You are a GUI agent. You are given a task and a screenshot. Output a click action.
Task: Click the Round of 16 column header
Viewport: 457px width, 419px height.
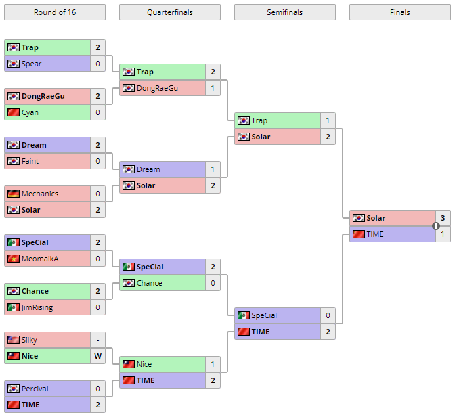(54, 12)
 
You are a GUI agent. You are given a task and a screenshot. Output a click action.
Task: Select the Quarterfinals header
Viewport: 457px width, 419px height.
(169, 12)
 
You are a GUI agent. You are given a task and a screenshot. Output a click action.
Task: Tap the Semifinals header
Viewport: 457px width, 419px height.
(284, 12)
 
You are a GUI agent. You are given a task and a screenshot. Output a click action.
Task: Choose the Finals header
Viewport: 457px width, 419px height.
(399, 12)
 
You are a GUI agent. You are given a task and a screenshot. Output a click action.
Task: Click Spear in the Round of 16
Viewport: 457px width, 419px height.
(31, 64)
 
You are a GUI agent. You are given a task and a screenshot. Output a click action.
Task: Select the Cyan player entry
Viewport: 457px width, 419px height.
(30, 112)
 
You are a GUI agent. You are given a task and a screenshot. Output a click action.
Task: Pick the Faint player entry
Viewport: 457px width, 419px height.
(30, 161)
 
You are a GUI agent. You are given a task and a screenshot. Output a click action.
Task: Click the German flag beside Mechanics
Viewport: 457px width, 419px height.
(13, 194)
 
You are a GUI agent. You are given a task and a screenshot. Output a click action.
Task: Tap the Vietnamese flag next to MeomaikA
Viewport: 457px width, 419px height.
(13, 259)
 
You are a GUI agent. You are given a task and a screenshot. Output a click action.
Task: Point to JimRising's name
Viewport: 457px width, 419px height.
(37, 307)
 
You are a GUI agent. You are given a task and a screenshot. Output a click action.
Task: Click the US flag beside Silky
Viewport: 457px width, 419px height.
(13, 340)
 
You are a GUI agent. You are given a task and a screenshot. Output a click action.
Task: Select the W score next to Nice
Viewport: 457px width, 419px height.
(97, 356)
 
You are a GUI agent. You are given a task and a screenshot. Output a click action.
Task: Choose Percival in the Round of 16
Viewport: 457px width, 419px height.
(35, 389)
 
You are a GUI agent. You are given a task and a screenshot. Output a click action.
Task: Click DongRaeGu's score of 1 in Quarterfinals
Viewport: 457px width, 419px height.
(213, 88)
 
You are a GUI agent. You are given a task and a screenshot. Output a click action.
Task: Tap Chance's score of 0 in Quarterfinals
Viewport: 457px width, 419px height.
(213, 283)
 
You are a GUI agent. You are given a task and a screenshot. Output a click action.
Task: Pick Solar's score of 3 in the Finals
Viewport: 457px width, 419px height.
(443, 218)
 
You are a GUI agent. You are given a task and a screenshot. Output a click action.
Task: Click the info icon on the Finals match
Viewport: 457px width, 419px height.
(436, 226)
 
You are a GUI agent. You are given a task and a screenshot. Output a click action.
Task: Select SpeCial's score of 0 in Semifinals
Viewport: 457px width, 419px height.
(328, 315)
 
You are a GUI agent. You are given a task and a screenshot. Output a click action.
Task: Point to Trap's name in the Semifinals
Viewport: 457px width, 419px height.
(259, 120)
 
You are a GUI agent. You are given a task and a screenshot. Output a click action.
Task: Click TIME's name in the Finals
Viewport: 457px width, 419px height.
(375, 234)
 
